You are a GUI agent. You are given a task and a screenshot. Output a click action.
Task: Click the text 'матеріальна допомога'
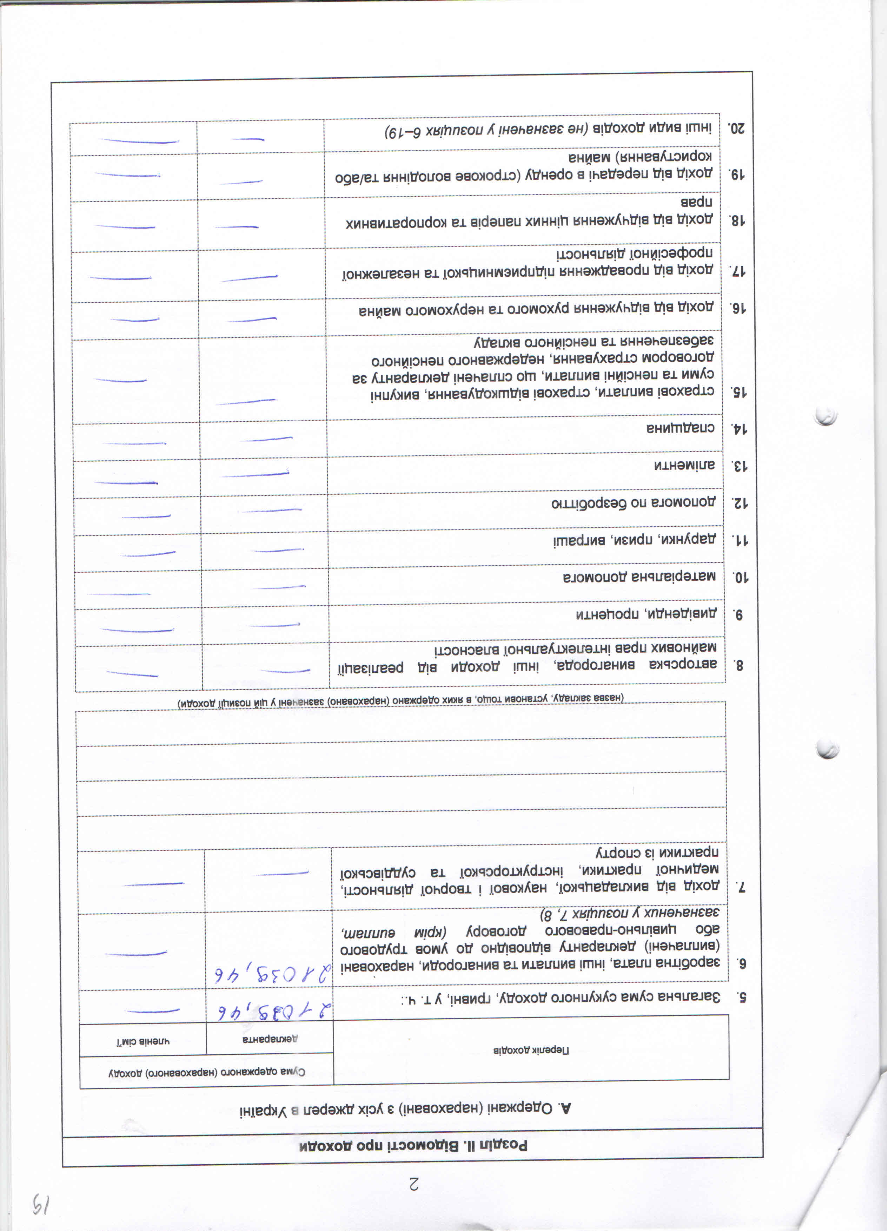(639, 577)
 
